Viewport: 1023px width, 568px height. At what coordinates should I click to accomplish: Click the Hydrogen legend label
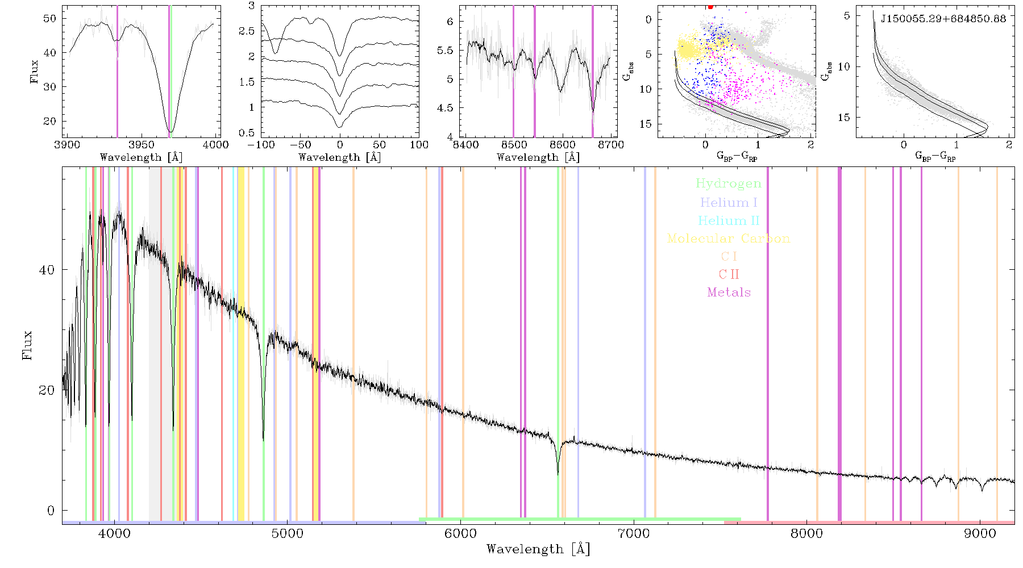(729, 183)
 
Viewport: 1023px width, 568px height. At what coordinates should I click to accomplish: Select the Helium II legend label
(729, 220)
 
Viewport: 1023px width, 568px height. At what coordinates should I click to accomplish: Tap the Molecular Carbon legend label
(729, 239)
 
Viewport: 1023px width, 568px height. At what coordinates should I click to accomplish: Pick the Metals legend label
(729, 293)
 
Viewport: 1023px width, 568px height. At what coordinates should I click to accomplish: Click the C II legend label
(729, 274)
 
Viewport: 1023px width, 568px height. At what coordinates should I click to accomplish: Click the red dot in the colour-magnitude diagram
(710, 7)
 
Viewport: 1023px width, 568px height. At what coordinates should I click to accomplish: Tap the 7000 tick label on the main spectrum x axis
(633, 533)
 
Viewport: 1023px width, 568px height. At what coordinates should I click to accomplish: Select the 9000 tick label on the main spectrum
(980, 533)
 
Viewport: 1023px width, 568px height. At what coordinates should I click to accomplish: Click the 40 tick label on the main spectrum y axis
(47, 270)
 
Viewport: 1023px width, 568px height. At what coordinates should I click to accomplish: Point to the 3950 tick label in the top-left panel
(142, 144)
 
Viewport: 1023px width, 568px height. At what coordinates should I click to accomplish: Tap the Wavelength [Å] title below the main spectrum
(538, 549)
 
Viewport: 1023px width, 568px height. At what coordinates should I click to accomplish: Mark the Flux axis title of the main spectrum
(27, 345)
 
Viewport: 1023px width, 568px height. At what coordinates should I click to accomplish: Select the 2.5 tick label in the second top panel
(247, 31)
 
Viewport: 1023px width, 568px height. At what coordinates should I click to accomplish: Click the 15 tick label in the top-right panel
(844, 118)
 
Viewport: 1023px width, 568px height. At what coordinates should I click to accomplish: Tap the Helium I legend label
(729, 202)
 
